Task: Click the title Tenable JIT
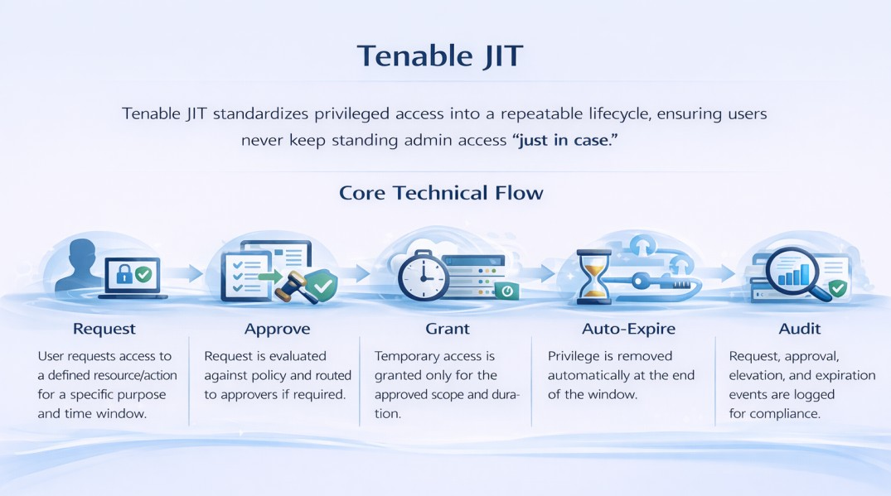point(440,56)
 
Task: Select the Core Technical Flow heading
point(441,193)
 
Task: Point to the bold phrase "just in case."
point(567,141)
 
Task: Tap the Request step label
point(104,329)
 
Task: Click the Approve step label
point(277,329)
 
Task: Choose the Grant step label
point(448,329)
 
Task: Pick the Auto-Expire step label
point(628,329)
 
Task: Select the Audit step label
point(799,329)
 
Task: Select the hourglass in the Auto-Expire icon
point(593,277)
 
